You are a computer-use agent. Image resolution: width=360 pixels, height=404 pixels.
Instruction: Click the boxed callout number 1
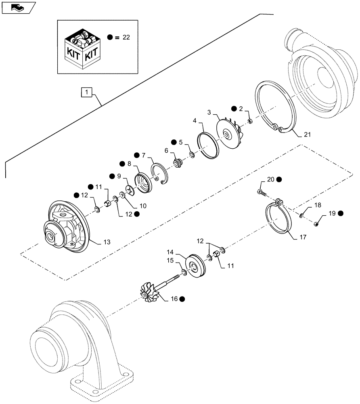point(87,93)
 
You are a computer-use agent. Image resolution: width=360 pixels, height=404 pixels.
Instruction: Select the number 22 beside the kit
point(126,37)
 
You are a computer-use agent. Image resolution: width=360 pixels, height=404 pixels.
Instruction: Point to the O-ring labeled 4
point(208,145)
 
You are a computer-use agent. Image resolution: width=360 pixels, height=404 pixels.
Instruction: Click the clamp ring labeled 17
point(278,223)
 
